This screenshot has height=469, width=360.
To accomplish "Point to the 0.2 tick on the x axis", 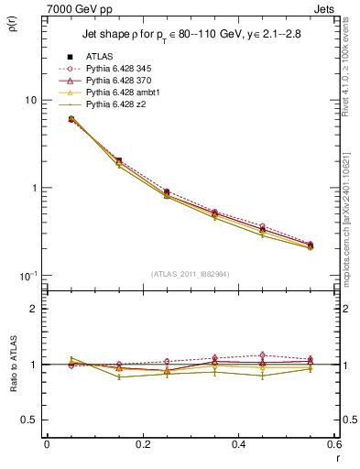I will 142,444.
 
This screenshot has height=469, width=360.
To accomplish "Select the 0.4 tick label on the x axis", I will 238,444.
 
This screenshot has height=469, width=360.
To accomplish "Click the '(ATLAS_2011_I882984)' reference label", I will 190,273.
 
